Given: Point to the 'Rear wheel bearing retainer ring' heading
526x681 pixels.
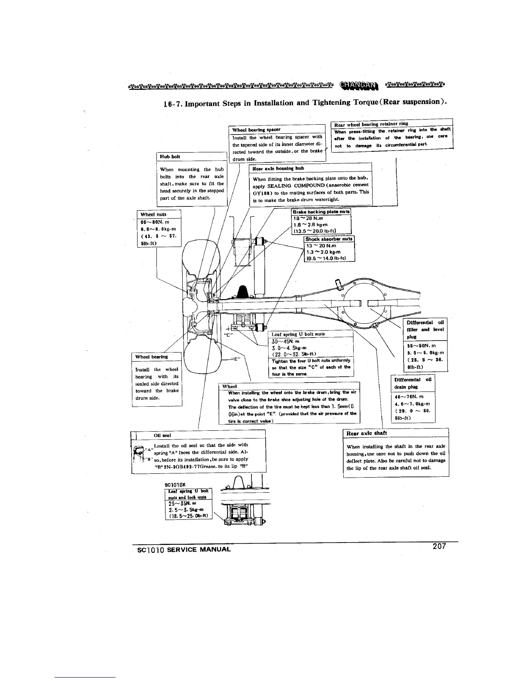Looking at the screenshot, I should pos(370,124).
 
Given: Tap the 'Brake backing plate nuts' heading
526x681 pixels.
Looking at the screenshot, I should pos(321,212).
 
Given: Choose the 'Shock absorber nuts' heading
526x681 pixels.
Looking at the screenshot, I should pos(329,239).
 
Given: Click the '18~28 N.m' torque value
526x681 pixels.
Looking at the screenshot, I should pos(308,218).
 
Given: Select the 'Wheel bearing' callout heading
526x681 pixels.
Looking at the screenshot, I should pos(151,357).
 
